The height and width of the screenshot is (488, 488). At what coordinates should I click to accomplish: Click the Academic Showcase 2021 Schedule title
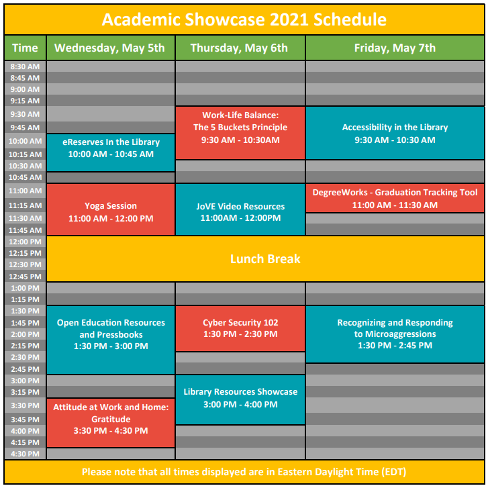(x=244, y=19)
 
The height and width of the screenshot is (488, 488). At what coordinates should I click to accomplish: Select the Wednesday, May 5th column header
(x=109, y=48)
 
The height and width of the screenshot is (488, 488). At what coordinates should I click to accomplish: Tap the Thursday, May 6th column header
(x=239, y=48)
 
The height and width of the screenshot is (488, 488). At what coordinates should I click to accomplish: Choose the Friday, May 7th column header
(x=395, y=48)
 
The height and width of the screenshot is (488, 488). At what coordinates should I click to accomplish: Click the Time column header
(x=25, y=48)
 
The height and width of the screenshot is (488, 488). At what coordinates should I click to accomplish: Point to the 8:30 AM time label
(x=25, y=66)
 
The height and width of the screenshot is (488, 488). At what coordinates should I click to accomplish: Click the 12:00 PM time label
(x=25, y=241)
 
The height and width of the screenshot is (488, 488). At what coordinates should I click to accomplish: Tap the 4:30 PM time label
(x=25, y=454)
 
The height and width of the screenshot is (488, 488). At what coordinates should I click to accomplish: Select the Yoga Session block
(x=111, y=212)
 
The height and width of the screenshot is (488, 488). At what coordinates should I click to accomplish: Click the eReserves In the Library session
(x=111, y=148)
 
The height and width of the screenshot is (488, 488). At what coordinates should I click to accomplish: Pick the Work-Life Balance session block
(x=240, y=128)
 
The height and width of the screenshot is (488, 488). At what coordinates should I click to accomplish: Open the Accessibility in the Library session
(x=395, y=134)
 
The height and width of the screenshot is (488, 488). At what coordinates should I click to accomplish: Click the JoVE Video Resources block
(x=240, y=212)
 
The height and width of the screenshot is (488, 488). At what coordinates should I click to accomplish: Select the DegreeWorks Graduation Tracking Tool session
(x=395, y=199)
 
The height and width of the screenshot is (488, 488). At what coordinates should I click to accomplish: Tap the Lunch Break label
(x=265, y=258)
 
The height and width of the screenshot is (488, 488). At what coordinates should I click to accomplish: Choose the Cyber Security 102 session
(x=240, y=328)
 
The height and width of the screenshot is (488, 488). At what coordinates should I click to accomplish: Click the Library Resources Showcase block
(x=240, y=398)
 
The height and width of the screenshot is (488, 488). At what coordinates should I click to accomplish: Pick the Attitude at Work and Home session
(x=111, y=419)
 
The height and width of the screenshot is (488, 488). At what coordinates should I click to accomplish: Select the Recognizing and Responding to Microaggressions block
(x=395, y=334)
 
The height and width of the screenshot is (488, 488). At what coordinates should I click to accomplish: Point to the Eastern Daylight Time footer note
(x=244, y=471)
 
